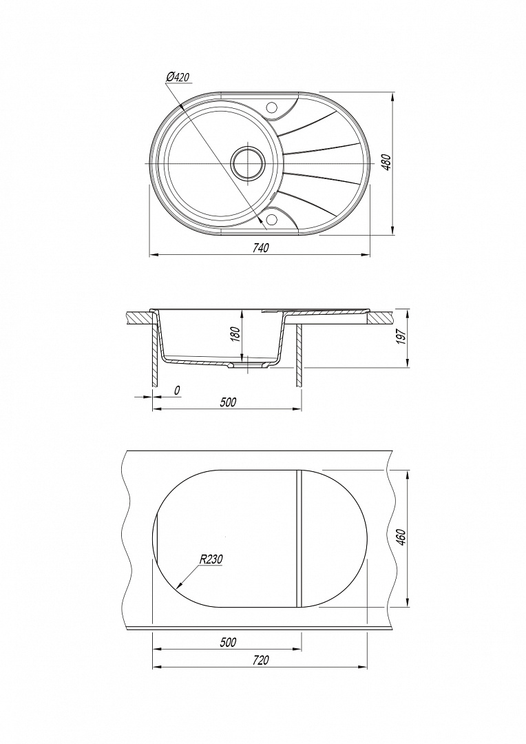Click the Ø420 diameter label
[x=178, y=77]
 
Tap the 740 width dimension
[x=261, y=248]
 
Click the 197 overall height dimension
[x=401, y=338]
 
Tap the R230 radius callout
[x=211, y=559]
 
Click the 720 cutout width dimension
[x=261, y=660]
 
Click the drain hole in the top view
[x=246, y=163]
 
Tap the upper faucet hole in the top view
[x=272, y=107]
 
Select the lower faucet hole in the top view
[x=272, y=219]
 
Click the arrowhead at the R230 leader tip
[x=178, y=586]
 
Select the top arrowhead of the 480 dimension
[x=392, y=97]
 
